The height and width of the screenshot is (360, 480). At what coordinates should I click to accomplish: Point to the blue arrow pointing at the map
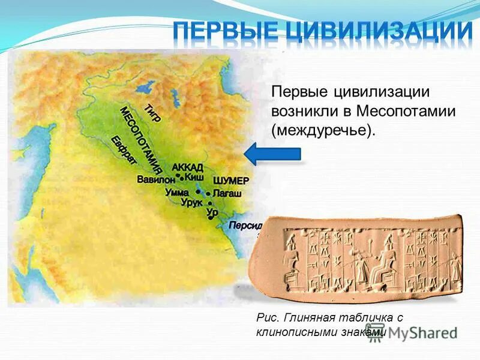[274, 154]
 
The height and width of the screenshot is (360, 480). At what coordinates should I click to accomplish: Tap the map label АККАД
[187, 167]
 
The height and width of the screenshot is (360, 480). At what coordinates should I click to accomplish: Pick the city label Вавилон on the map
[155, 179]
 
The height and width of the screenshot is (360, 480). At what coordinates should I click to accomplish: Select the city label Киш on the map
[194, 178]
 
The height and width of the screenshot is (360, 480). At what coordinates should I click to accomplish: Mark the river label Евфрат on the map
[124, 151]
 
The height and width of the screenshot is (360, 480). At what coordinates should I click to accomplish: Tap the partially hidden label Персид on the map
[244, 225]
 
